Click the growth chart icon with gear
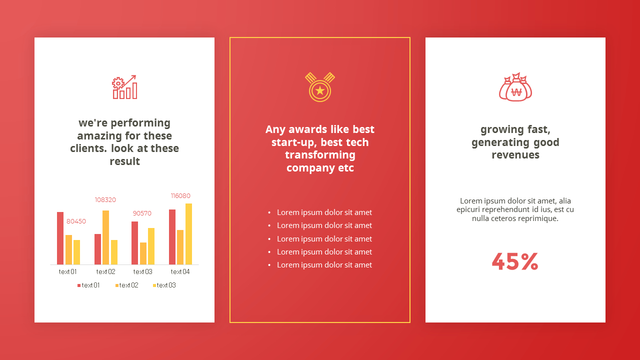(124, 87)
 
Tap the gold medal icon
(319, 87)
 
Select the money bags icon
(515, 87)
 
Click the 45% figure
(515, 261)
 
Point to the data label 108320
(105, 199)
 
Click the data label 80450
(76, 221)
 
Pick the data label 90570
(142, 213)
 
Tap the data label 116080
(180, 195)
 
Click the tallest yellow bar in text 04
(188, 234)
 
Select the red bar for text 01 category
(60, 238)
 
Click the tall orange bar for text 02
(105, 237)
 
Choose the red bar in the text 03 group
(134, 243)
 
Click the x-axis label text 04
(180, 271)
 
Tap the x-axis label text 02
(105, 271)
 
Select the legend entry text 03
(164, 285)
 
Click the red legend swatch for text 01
(79, 285)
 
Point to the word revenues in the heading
(515, 155)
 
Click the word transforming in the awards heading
(320, 155)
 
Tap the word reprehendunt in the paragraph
(502, 209)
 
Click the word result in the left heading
(125, 161)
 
